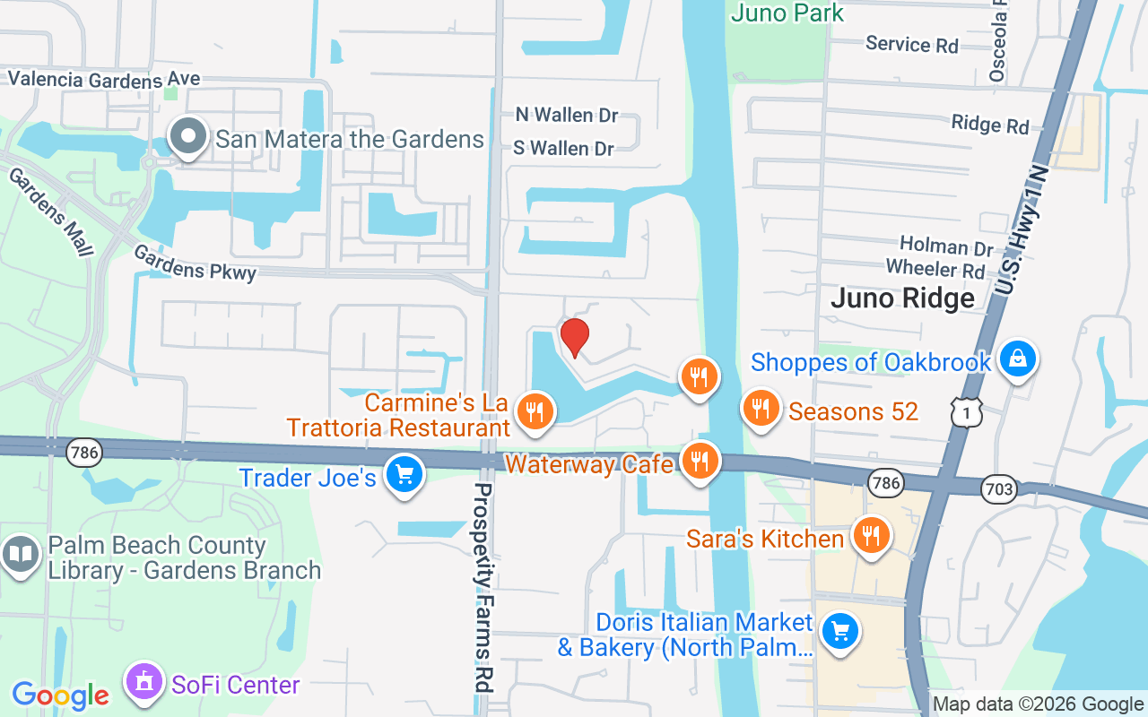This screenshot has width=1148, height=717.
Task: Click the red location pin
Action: (x=574, y=337)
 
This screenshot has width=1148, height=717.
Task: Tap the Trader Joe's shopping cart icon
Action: (x=404, y=472)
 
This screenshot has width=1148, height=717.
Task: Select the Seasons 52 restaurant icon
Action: (x=761, y=409)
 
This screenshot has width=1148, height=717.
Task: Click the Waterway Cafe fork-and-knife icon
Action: (x=699, y=462)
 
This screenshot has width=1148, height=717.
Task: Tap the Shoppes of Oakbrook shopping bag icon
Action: (x=1017, y=358)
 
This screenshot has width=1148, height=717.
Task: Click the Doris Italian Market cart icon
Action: (x=839, y=632)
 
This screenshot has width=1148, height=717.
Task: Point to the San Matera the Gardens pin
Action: (x=188, y=137)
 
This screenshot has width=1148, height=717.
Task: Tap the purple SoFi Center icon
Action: (x=143, y=683)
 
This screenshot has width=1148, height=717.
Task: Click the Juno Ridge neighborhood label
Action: (x=902, y=298)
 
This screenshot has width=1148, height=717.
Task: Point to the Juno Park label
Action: (x=787, y=13)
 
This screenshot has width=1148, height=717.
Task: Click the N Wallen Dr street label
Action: (x=566, y=115)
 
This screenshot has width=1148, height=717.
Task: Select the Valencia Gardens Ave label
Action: (x=104, y=79)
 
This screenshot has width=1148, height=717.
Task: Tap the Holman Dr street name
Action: (x=946, y=246)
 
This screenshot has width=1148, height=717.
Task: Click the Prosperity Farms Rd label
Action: (x=484, y=587)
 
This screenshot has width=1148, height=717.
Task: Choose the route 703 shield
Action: (x=998, y=489)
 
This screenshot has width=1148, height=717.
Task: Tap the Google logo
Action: (x=60, y=695)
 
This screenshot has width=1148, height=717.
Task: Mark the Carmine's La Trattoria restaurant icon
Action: (x=535, y=411)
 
